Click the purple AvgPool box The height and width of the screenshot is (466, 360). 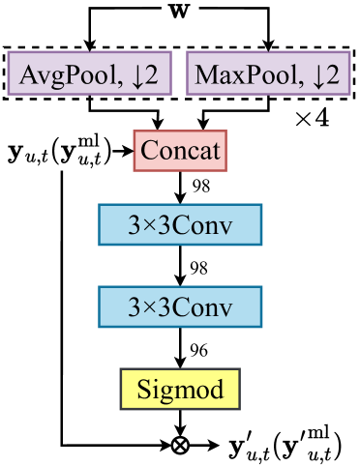(89, 73)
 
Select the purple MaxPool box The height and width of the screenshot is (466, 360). (267, 73)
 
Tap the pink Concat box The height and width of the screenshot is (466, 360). (180, 151)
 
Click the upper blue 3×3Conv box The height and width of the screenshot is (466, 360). (180, 225)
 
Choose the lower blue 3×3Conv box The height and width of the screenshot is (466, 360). (180, 307)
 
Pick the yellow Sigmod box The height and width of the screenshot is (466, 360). (179, 389)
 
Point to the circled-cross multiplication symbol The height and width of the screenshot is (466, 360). (179, 445)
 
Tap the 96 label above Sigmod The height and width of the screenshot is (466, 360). (200, 349)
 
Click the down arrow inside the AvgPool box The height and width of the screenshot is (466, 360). (137, 74)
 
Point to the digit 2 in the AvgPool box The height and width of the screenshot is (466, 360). (153, 73)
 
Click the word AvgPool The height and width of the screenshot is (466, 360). (66, 73)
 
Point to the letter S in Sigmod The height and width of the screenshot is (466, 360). (144, 390)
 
